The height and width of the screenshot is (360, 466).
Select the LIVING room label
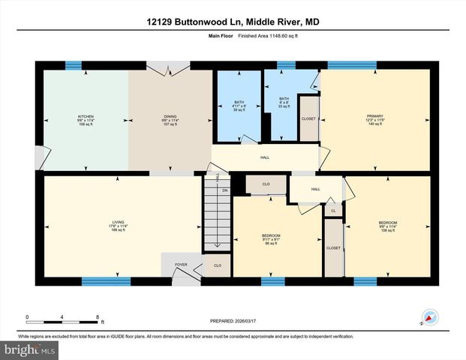(x=118, y=225)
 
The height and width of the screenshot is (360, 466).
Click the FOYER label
(x=181, y=265)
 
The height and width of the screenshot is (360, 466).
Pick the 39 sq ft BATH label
(x=239, y=105)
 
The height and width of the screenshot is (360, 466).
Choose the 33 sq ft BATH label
(x=284, y=102)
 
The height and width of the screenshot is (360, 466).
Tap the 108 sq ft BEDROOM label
(x=387, y=226)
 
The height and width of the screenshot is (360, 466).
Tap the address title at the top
(x=233, y=23)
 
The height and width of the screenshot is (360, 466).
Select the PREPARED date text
(x=233, y=320)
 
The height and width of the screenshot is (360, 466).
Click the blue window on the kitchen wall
(x=73, y=66)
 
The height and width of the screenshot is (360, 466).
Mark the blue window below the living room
(x=101, y=281)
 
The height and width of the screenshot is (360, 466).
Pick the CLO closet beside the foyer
(x=217, y=265)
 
